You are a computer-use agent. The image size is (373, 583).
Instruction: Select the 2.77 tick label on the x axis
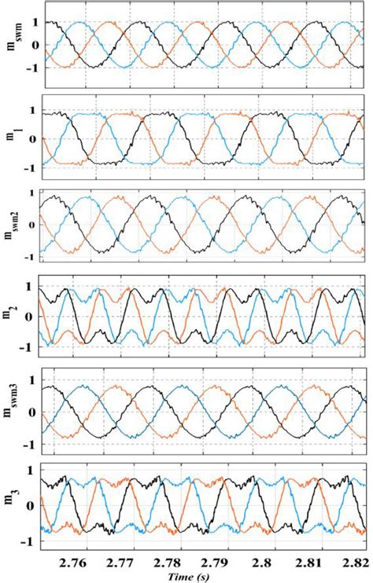coord(119,563)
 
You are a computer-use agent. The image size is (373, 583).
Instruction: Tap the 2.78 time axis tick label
coord(166,563)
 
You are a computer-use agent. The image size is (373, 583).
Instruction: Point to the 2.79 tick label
coord(213,563)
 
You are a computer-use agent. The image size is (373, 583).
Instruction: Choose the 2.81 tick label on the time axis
coord(308,563)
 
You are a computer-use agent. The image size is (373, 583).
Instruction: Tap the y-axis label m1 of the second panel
coord(15,138)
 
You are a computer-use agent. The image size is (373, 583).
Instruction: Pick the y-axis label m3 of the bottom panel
coord(13,506)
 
